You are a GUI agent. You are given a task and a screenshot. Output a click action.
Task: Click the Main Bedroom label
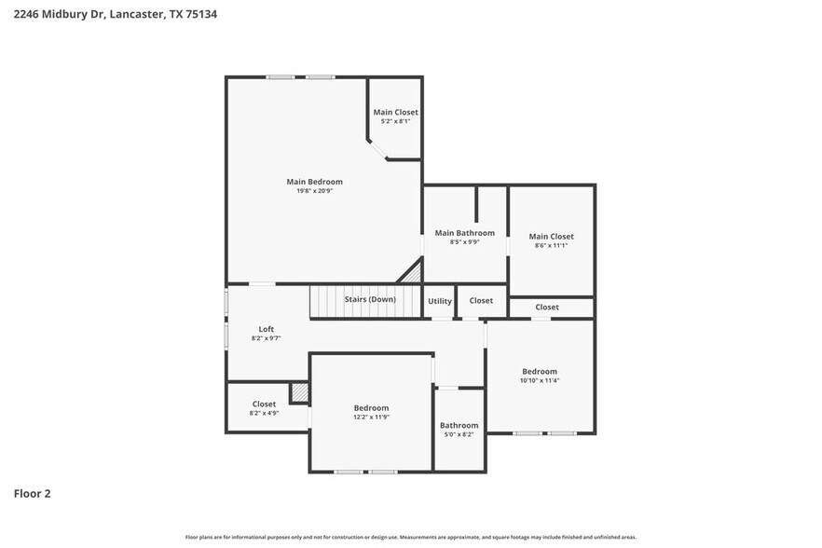click(x=314, y=182)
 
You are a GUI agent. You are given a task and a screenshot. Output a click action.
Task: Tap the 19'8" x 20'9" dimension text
click(x=314, y=191)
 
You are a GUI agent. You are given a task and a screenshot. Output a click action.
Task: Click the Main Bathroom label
click(x=464, y=233)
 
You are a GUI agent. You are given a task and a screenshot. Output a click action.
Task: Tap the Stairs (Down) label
click(x=370, y=300)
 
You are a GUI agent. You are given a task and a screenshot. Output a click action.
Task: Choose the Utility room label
click(x=440, y=301)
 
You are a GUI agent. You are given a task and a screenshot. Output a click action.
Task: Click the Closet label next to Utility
click(x=481, y=301)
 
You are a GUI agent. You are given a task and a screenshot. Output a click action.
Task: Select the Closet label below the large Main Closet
click(x=547, y=308)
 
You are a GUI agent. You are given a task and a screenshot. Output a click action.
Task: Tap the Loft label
click(x=266, y=329)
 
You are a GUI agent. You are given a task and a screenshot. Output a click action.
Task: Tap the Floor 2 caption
click(x=32, y=493)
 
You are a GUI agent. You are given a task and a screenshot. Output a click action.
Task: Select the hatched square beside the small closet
click(x=299, y=393)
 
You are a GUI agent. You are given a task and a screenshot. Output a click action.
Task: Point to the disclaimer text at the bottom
click(x=410, y=537)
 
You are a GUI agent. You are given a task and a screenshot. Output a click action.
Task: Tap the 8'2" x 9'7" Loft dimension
click(x=266, y=338)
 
